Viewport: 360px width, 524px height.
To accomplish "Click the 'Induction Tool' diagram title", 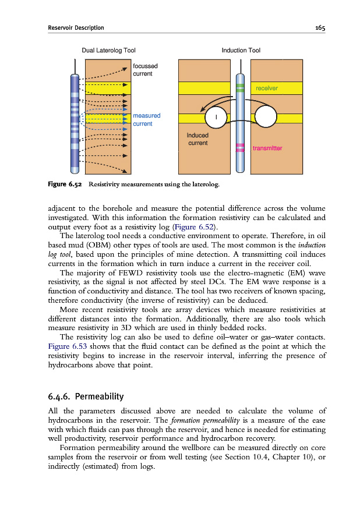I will (x=241, y=51).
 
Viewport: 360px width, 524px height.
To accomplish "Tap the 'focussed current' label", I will (x=145, y=70).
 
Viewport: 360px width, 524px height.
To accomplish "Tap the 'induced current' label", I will (x=197, y=139).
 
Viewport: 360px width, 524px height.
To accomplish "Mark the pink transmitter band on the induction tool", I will (x=240, y=147).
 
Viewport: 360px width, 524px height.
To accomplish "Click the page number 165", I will (x=320, y=27).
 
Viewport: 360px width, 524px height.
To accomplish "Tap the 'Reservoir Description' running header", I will (x=76, y=27).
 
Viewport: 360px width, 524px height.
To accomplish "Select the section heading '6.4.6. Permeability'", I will (x=86, y=397).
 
